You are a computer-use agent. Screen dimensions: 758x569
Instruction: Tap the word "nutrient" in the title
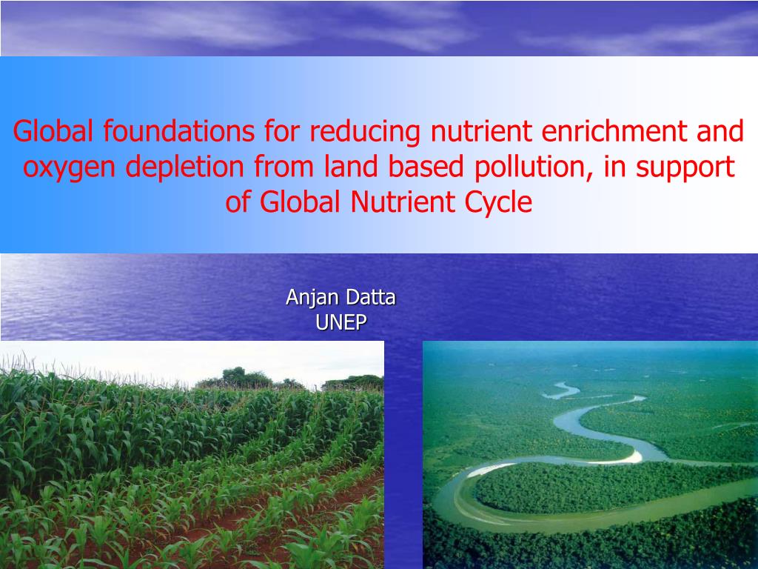pyautogui.click(x=481, y=132)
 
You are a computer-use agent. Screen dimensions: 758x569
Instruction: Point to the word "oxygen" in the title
pyautogui.click(x=69, y=168)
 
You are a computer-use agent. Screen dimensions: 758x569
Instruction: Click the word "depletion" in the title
pyautogui.click(x=184, y=167)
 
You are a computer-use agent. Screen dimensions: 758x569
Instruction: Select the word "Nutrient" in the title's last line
pyautogui.click(x=402, y=202)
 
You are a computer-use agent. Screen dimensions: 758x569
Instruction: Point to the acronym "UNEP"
pyautogui.click(x=341, y=322)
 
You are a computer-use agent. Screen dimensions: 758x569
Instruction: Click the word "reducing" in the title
pyautogui.click(x=364, y=132)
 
